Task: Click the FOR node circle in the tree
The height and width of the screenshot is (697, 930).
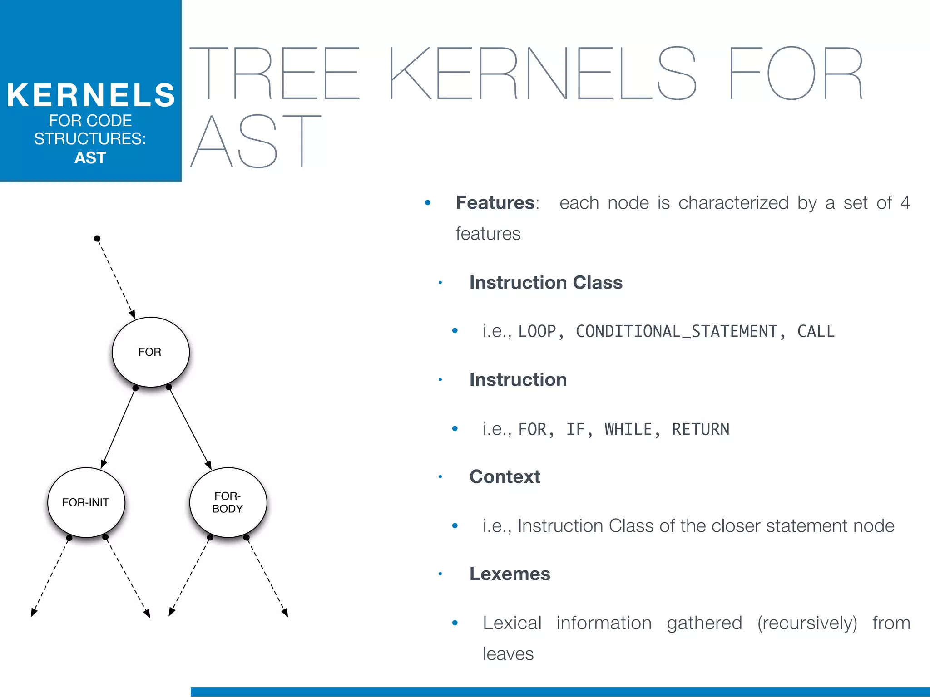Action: pyautogui.click(x=150, y=352)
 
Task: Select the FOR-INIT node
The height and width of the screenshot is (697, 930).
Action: pyautogui.click(x=86, y=502)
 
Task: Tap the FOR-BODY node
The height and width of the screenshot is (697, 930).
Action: pyautogui.click(x=228, y=502)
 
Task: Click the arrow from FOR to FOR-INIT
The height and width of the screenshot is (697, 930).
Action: pyautogui.click(x=119, y=428)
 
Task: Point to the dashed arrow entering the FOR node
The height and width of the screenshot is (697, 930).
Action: pyautogui.click(x=115, y=278)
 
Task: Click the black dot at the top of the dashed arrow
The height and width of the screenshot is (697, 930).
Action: pyautogui.click(x=97, y=239)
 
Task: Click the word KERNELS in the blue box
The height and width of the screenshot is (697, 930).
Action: pyautogui.click(x=91, y=95)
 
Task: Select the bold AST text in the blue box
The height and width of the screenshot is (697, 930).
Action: pyautogui.click(x=90, y=158)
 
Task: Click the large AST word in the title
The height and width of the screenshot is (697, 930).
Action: pyautogui.click(x=256, y=141)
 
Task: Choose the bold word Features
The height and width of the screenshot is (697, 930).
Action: pyautogui.click(x=495, y=203)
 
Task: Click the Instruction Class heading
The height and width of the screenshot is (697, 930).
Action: pyautogui.click(x=546, y=282)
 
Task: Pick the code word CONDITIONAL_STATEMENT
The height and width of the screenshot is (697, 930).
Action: pyautogui.click(x=677, y=331)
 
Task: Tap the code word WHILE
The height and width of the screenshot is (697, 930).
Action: pyautogui.click(x=628, y=429)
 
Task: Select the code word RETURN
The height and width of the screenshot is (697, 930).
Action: pyautogui.click(x=701, y=429)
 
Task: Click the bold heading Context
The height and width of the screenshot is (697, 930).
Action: pyautogui.click(x=505, y=477)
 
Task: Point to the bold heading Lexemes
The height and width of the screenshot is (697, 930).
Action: pyautogui.click(x=510, y=574)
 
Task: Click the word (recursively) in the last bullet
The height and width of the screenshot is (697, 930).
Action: pyautogui.click(x=807, y=623)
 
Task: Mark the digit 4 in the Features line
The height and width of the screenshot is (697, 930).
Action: pyautogui.click(x=905, y=203)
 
